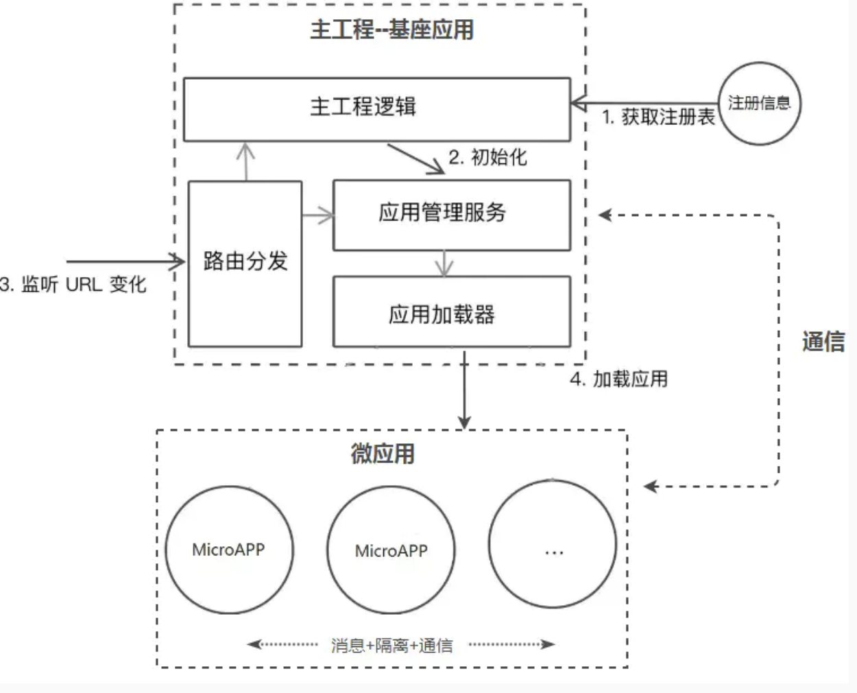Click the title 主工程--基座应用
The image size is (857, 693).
pos(392,30)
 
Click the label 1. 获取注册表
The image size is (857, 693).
pos(658,117)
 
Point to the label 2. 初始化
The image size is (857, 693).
pos(487,157)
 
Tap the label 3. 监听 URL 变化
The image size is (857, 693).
pos(73,284)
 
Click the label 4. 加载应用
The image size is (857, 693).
pos(619,379)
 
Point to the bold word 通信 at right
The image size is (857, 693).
pos(823,342)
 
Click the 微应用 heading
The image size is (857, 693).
pos(383,454)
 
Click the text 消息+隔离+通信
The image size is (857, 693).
pos(392,646)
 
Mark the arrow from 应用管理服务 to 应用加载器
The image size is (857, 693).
pos(444,263)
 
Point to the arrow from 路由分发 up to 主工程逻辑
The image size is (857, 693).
pos(246,162)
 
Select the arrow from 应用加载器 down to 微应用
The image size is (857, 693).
pos(465,390)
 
